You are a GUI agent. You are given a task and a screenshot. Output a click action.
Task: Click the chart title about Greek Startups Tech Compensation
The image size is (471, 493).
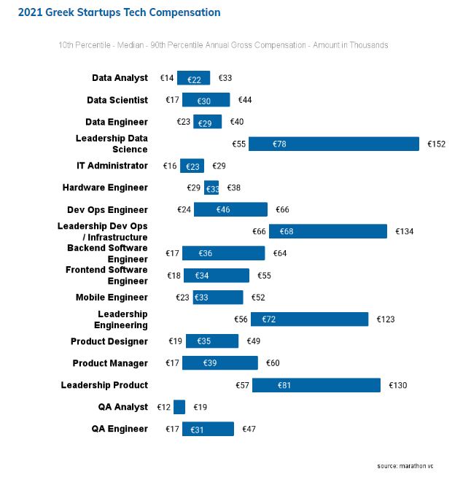(x=119, y=12)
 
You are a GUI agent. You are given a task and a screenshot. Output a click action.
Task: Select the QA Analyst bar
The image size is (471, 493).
(x=179, y=407)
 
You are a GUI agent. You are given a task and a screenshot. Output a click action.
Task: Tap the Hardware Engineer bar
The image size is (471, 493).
(x=211, y=188)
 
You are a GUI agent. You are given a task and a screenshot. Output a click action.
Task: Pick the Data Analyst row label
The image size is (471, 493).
(x=120, y=78)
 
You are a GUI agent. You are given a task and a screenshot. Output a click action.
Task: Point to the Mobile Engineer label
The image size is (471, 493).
(x=112, y=298)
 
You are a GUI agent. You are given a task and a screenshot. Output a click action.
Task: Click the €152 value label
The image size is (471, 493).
(x=436, y=144)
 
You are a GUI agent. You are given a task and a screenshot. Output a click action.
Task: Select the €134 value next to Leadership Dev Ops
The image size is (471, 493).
(x=404, y=232)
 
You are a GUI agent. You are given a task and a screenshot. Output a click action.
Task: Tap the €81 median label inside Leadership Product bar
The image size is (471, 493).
(x=284, y=385)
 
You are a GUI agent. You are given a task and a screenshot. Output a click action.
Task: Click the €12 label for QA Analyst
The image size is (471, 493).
(x=163, y=407)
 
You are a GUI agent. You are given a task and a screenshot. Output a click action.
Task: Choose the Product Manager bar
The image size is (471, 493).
(x=219, y=363)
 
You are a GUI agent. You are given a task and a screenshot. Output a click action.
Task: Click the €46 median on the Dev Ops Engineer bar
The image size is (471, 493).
(x=223, y=210)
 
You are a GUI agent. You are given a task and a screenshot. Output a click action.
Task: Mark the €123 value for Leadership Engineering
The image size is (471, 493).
(x=386, y=319)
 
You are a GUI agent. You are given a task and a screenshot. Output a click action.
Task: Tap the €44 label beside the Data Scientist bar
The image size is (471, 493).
(x=245, y=100)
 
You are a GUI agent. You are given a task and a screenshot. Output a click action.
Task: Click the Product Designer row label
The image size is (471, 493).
(x=109, y=341)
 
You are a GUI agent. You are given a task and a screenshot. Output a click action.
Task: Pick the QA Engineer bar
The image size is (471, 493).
(x=208, y=429)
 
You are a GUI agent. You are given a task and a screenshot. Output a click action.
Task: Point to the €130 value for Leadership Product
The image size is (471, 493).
(x=397, y=385)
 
